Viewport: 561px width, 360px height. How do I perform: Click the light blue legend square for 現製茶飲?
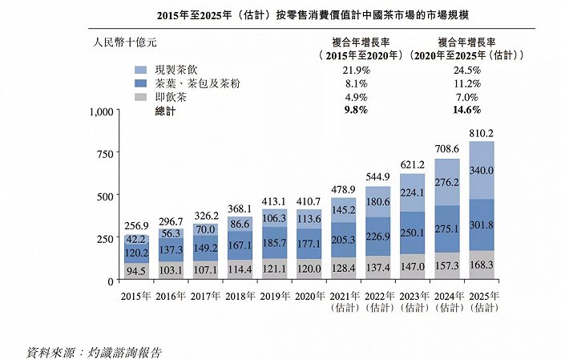pyautogui.click(x=141, y=71)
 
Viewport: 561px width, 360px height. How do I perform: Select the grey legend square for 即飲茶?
pyautogui.click(x=141, y=97)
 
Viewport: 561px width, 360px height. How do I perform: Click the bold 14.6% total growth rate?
pyautogui.click(x=466, y=110)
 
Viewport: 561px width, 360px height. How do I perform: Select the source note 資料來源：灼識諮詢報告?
pyautogui.click(x=100, y=351)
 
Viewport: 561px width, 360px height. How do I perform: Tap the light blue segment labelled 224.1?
pyautogui.click(x=413, y=192)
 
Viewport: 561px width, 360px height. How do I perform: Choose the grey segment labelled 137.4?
pyautogui.click(x=378, y=267)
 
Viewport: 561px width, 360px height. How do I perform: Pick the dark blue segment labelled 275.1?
pyautogui.click(x=447, y=229)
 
